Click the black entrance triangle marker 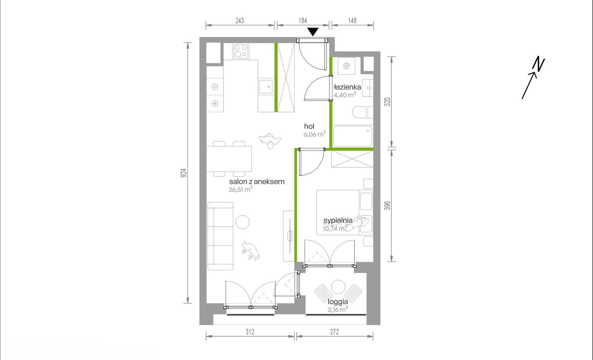coord(313,32)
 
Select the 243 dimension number coord(240,21)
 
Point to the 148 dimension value coord(352,21)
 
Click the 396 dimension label coord(387,205)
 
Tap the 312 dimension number coord(250,332)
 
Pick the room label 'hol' coord(309,126)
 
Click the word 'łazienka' coord(347,87)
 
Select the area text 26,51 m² coord(240,189)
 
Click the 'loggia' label coord(338,302)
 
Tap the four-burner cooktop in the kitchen coord(241,51)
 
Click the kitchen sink coord(266,86)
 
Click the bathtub coord(353,136)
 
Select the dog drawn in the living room coord(251,251)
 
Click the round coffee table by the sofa coord(243,222)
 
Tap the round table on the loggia coord(338,287)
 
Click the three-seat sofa coord(220,236)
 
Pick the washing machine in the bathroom coord(346,66)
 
